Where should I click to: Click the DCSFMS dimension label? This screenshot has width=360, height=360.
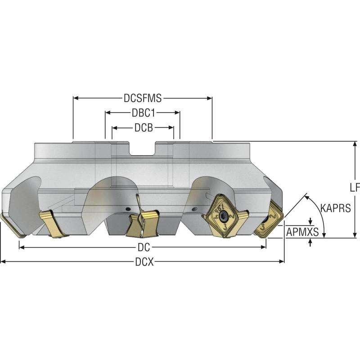coord(143,98)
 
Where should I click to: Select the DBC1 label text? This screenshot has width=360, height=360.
coord(143,113)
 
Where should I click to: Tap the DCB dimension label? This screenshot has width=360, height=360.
coord(143,128)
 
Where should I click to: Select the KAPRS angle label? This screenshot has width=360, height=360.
coord(335,208)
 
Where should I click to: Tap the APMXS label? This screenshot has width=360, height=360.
coord(302,232)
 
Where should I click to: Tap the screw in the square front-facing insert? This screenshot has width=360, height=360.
coord(220,215)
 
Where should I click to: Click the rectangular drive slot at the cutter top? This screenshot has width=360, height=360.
coord(143,148)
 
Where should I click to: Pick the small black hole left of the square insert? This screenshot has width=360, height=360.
coord(195,208)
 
